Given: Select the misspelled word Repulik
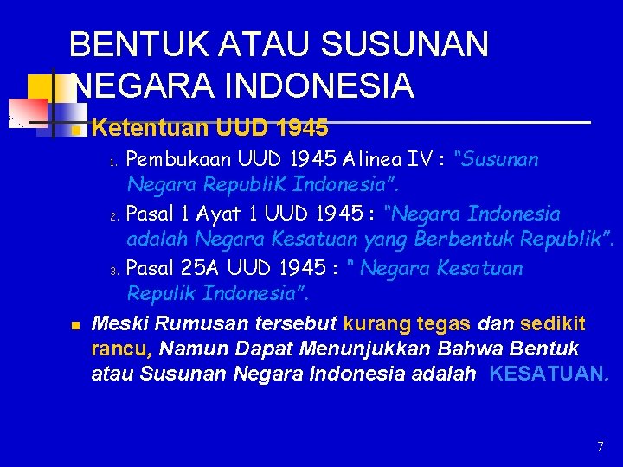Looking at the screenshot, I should (x=162, y=293).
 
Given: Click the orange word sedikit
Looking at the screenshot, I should (x=553, y=324).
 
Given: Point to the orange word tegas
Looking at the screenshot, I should (x=445, y=324).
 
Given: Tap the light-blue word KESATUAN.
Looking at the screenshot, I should (x=549, y=374).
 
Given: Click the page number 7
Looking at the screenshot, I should (x=601, y=446).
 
